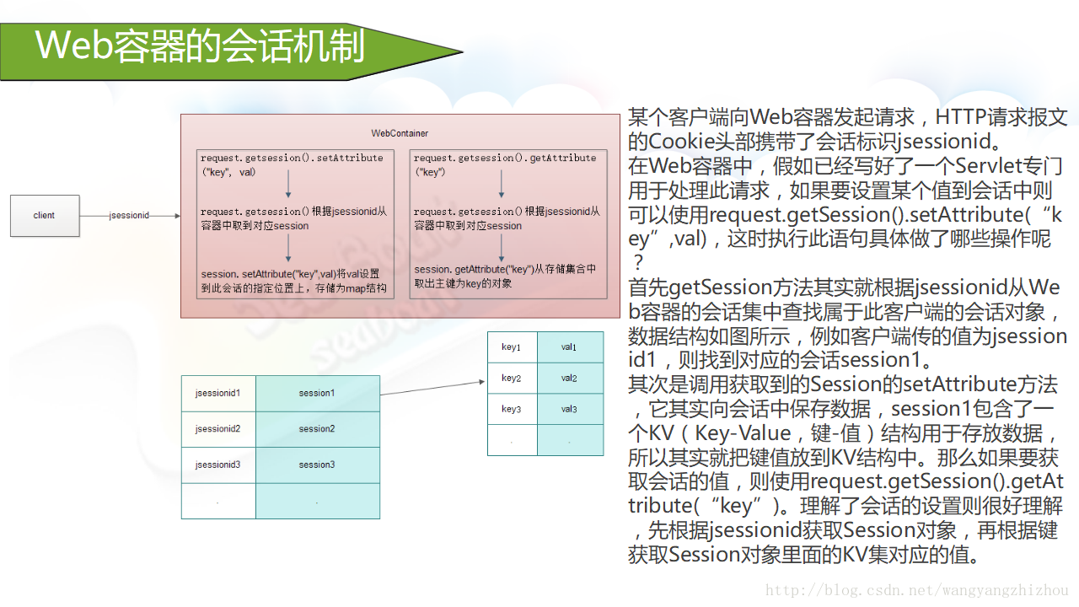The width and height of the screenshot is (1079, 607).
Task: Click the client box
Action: tap(45, 216)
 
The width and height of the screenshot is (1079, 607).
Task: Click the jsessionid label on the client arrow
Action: tap(129, 216)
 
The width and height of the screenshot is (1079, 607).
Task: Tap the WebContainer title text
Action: tap(400, 133)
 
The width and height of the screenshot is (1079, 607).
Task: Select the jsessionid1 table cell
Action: tap(218, 393)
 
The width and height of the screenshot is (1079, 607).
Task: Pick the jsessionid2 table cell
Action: tap(218, 429)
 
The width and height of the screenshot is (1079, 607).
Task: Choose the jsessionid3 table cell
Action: tap(218, 465)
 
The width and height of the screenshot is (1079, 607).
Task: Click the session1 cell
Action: tap(317, 393)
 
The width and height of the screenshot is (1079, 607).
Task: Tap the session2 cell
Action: tap(317, 429)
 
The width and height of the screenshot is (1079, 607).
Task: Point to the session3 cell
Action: tap(317, 465)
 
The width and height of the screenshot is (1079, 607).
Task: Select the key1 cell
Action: tap(512, 347)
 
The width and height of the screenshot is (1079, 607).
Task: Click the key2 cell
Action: tap(512, 379)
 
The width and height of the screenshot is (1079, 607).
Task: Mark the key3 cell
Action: tap(512, 409)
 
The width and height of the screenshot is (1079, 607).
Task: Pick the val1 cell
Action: tap(570, 347)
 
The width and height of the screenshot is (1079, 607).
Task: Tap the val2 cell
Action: tap(570, 379)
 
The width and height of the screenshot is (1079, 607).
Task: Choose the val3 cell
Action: tap(570, 409)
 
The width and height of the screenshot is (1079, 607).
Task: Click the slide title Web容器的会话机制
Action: tap(200, 46)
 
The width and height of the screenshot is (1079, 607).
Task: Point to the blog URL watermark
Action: tap(916, 591)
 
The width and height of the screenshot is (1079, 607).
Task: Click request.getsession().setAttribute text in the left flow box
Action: tap(292, 158)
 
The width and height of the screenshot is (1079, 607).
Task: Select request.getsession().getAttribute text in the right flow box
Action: tap(505, 158)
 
